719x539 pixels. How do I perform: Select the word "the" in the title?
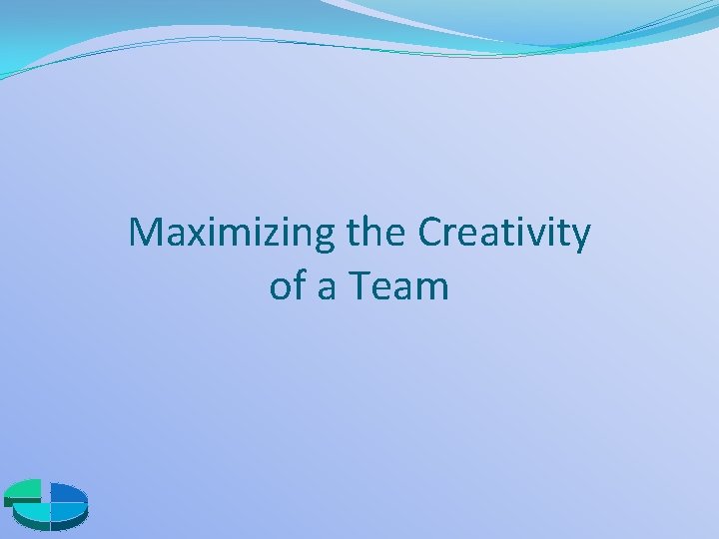pos(378,234)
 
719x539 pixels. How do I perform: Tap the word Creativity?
pos(504,234)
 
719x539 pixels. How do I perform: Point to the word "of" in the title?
pos(288,286)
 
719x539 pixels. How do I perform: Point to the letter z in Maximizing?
pos(265,236)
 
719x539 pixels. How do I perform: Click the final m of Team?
pos(433,288)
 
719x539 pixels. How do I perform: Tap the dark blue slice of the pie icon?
pos(67,493)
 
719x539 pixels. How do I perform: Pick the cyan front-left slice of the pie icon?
pos(33,512)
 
